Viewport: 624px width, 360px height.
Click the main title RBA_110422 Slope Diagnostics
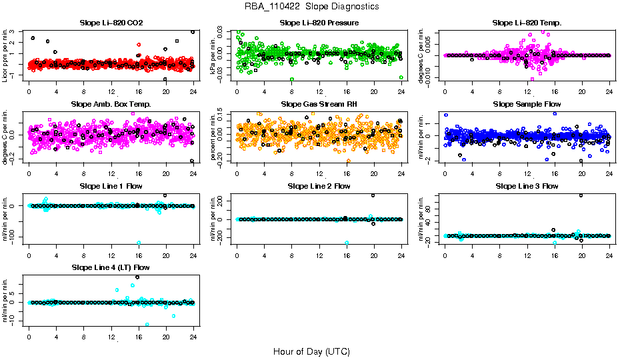[311, 7]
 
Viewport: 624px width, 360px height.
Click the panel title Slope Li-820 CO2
[111, 23]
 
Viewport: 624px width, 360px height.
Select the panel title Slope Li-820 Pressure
[319, 23]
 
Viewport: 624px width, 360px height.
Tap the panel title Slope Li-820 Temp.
[527, 23]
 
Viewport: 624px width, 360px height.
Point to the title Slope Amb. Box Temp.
[111, 105]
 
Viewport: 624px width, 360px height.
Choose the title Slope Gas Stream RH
[319, 105]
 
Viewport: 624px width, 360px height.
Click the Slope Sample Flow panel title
[527, 105]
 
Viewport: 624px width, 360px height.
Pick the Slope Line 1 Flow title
[111, 186]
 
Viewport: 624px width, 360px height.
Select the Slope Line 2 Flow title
[319, 186]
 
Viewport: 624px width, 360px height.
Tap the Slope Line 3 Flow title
[527, 186]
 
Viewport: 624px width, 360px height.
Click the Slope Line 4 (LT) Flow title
[111, 268]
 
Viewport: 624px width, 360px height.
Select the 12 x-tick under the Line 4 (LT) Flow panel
[111, 336]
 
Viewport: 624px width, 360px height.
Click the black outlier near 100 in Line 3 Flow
[581, 195]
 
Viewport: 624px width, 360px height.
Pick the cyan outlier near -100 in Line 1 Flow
[139, 243]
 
